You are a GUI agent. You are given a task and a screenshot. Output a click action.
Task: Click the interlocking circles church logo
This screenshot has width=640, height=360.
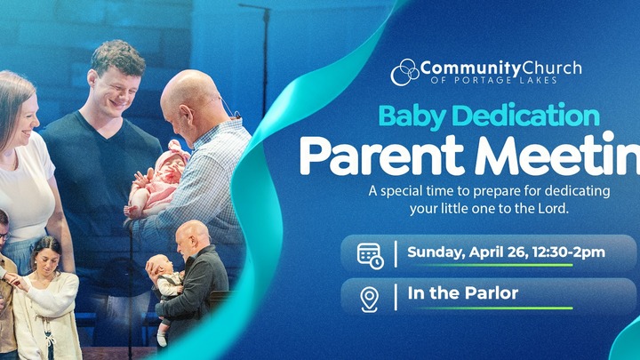click(x=404, y=71)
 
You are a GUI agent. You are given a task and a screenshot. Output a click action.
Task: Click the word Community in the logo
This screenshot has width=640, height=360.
click(x=465, y=68)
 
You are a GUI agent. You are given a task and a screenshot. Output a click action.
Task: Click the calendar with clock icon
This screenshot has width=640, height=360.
click(x=370, y=254)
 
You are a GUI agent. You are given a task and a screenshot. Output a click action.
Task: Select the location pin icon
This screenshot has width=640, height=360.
click(x=369, y=298)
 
